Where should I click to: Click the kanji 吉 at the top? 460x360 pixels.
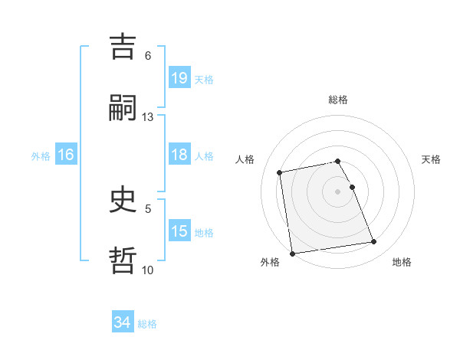pos(123,47)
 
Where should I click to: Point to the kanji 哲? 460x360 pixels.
pos(123,260)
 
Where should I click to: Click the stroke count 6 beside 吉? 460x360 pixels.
pos(148,56)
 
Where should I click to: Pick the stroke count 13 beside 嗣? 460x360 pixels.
pos(148,117)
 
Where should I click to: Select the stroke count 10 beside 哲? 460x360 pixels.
pos(148,270)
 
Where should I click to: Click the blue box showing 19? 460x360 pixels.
pos(179,77)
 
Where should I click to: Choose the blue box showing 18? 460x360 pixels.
pos(179,155)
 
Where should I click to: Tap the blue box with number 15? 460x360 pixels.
pos(179,231)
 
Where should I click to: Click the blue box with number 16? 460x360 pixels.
pos(66,155)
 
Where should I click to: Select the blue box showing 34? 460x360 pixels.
pos(123,322)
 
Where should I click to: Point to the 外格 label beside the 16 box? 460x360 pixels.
pos(41,155)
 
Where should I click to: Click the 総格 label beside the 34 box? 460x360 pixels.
pos(147,324)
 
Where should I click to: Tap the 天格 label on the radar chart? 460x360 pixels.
pos(432,159)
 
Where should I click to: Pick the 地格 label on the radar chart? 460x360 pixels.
pos(402,262)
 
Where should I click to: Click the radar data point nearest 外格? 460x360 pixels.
pos(292,253)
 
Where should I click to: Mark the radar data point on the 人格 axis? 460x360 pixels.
pos(280,172)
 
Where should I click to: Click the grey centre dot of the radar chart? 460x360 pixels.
pos(338,191)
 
